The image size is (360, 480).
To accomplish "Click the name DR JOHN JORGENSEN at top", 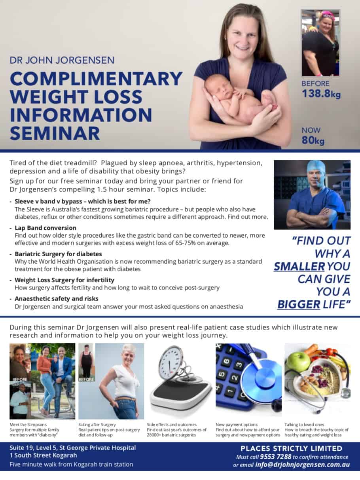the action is tap(62, 60).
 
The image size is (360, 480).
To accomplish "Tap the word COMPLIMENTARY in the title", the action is tap(96, 79).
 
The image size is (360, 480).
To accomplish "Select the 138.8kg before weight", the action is tap(321, 94).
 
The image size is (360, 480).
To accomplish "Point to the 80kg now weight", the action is tap(313, 140).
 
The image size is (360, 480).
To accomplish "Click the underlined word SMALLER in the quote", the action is tap(299, 266).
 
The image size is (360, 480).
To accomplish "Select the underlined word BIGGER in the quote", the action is tap(299, 304).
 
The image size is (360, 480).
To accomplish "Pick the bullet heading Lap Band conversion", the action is tap(45, 228).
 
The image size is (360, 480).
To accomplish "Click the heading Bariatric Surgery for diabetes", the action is tap(58, 254).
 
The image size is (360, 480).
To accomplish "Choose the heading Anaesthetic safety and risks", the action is tap(57, 299).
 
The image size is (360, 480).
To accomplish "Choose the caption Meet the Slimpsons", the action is tap(28, 425).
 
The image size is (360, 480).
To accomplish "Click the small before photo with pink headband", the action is tap(320, 43).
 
